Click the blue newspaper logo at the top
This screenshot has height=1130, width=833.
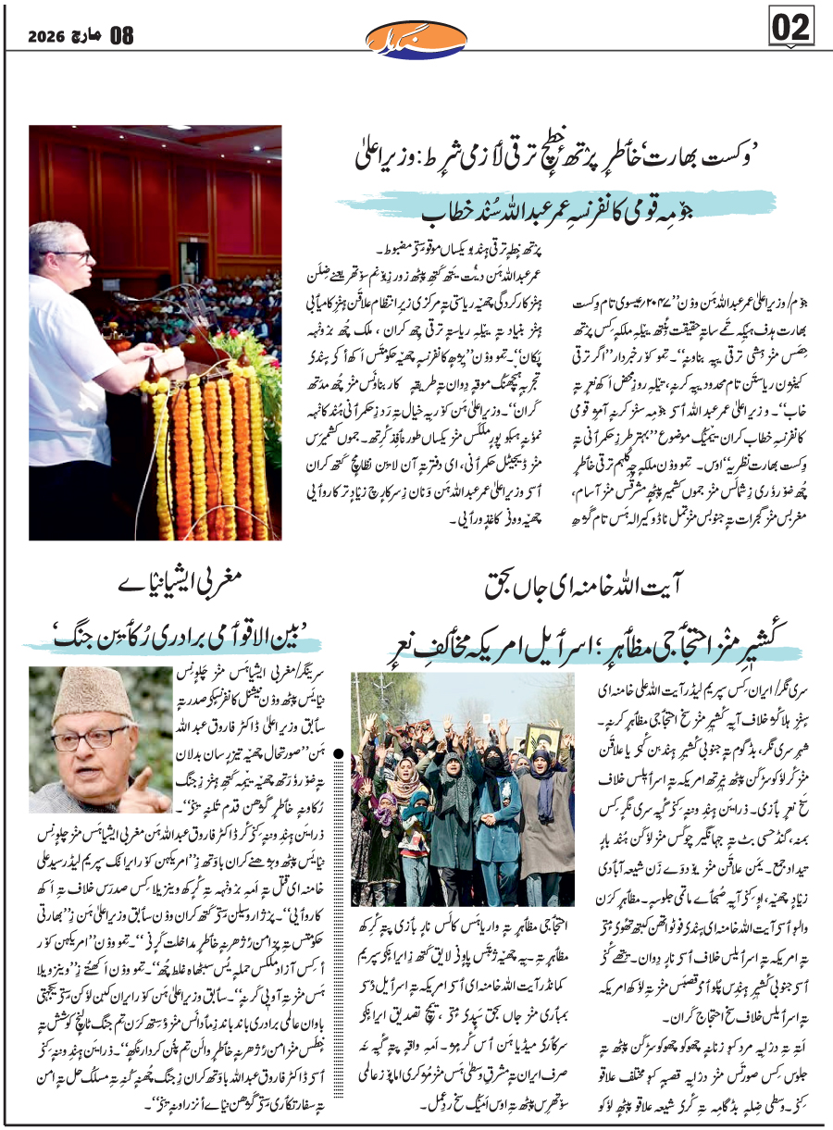[x=416, y=38]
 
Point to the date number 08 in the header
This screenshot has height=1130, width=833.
[x=121, y=37]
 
